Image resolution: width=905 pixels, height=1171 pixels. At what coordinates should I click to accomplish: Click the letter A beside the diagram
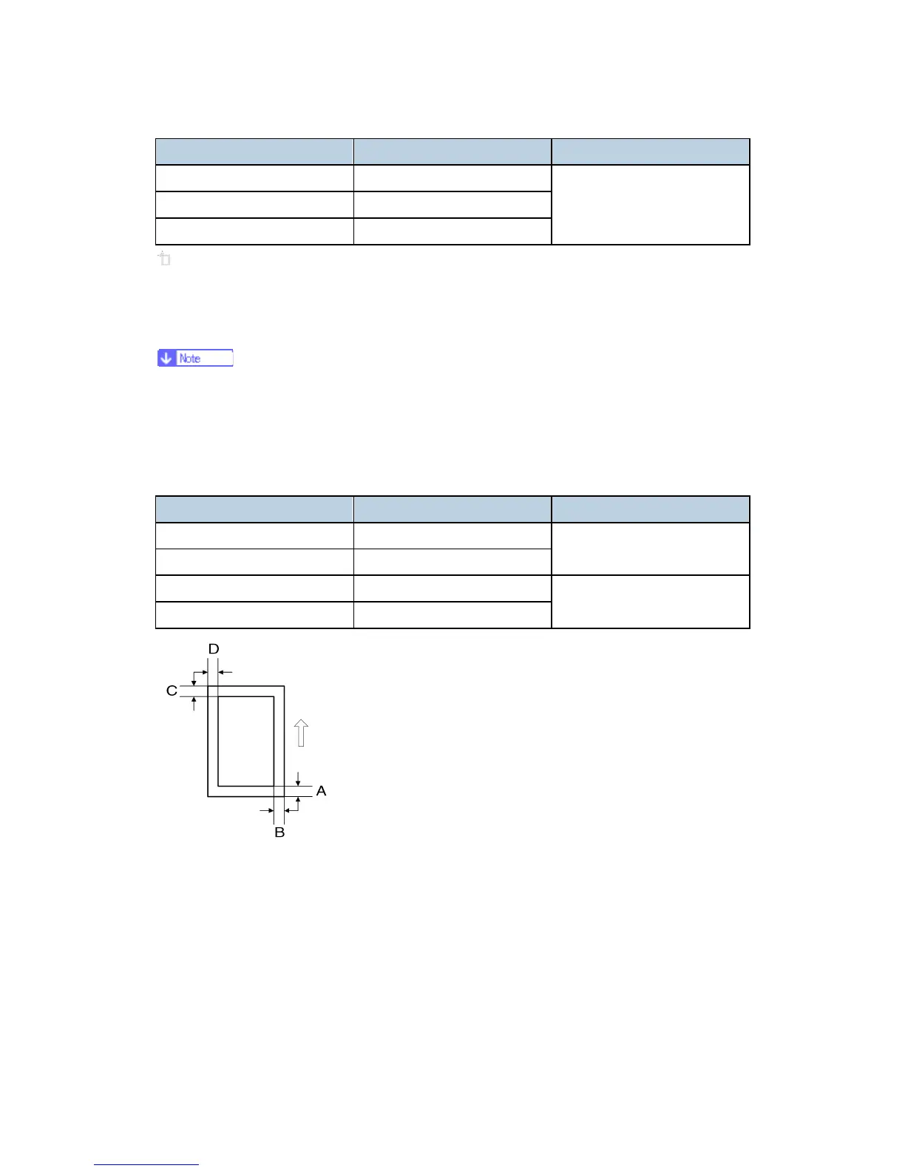[x=321, y=791]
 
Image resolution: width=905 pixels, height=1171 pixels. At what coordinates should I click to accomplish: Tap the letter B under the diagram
[x=279, y=832]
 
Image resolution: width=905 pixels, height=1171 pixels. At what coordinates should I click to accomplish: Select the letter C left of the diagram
[x=172, y=690]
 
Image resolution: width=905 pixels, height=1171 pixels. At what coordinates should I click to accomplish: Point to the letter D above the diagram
[x=214, y=649]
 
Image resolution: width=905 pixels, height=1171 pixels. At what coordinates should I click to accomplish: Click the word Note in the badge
[x=190, y=359]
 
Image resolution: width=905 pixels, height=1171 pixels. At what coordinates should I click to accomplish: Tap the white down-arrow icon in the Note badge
[x=166, y=359]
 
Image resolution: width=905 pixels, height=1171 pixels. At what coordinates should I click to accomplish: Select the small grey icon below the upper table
[x=164, y=259]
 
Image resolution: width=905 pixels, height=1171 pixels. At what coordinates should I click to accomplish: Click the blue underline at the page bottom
[x=146, y=1164]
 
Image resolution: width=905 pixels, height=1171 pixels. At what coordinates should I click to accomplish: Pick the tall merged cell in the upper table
[x=651, y=205]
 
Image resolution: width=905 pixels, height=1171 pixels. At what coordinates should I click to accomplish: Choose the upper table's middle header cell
[x=452, y=152]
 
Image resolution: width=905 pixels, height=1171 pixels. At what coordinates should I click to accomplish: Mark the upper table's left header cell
[x=254, y=152]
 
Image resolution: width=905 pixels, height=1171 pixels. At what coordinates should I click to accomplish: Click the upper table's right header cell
[x=651, y=152]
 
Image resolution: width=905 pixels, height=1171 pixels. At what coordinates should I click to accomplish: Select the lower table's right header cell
[x=651, y=509]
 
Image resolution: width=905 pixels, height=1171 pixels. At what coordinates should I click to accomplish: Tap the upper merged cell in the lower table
[x=651, y=549]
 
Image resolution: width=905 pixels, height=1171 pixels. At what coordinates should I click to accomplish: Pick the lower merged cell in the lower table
[x=651, y=602]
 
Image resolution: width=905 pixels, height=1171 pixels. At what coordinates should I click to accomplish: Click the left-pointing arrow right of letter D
[x=226, y=672]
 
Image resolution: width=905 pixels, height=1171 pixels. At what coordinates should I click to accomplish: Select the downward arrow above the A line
[x=298, y=778]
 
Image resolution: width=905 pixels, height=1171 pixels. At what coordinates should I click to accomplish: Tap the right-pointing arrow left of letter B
[x=266, y=810]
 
